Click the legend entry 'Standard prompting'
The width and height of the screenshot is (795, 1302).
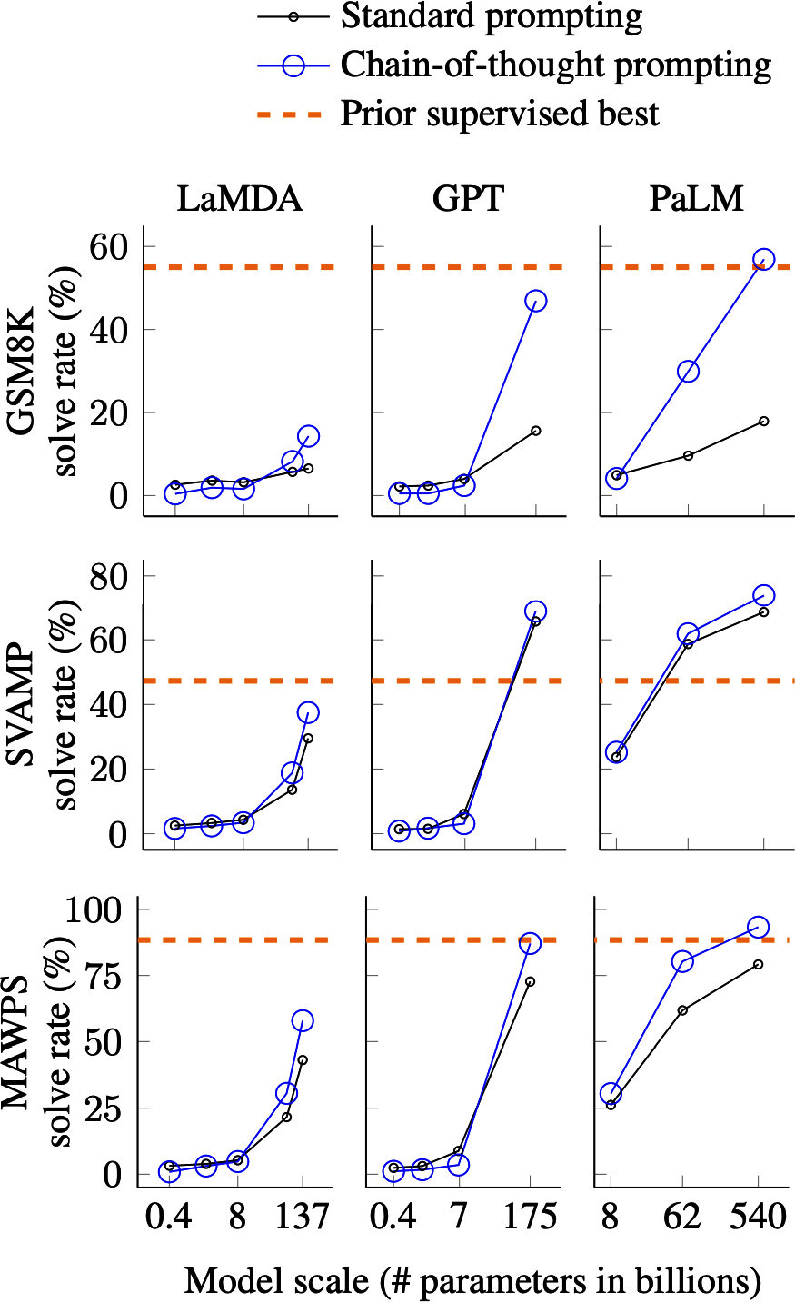click(x=491, y=16)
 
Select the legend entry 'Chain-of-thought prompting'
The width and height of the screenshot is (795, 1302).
click(x=555, y=65)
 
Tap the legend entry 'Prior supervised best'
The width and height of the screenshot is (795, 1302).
click(x=499, y=114)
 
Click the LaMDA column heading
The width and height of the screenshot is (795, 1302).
click(x=239, y=199)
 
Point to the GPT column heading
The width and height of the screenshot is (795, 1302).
click(x=468, y=199)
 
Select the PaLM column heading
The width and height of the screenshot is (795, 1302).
click(x=696, y=199)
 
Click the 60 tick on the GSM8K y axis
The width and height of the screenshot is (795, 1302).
click(x=110, y=246)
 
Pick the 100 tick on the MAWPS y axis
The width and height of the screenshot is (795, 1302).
click(x=99, y=909)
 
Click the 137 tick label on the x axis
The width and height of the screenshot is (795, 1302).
click(x=303, y=1217)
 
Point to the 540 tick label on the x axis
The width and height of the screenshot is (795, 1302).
click(x=758, y=1217)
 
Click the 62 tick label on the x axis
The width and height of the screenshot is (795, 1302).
click(x=682, y=1217)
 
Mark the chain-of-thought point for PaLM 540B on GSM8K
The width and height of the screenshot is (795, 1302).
click(x=764, y=260)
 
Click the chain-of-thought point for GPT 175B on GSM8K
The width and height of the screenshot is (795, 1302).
click(x=535, y=301)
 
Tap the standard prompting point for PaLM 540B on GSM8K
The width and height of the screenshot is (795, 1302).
click(x=764, y=421)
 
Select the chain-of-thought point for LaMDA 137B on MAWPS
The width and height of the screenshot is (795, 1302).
click(x=303, y=1020)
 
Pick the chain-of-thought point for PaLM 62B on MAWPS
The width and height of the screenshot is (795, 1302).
click(x=682, y=961)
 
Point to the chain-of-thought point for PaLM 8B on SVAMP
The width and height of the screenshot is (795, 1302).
click(x=616, y=752)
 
